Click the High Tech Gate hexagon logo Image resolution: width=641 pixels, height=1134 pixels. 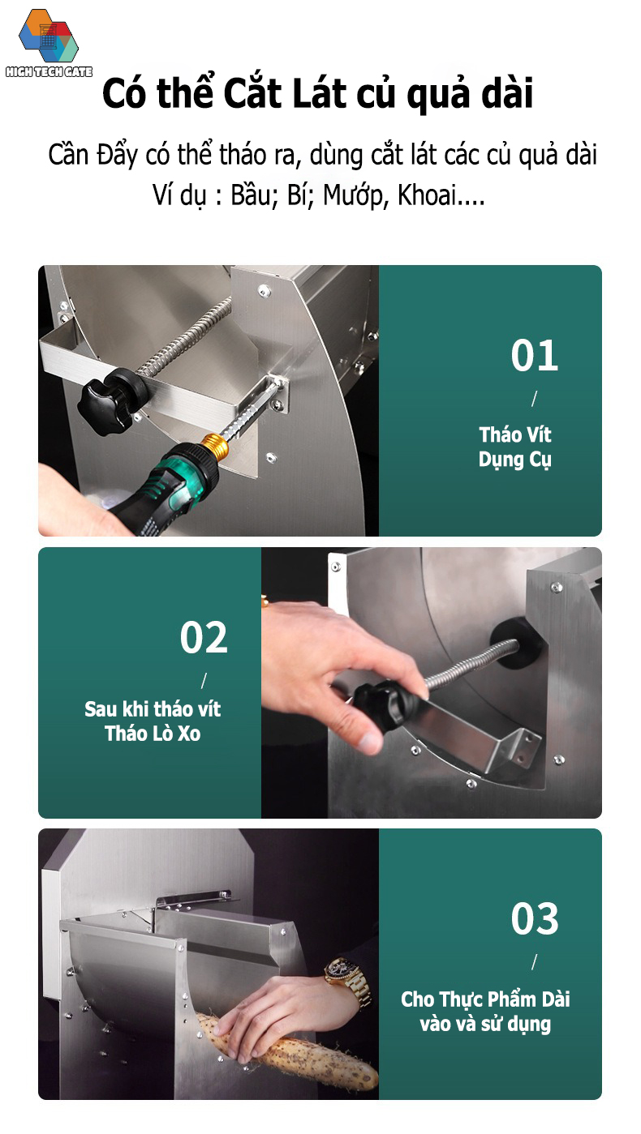(49, 37)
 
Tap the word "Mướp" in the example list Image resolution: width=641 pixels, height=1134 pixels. (353, 195)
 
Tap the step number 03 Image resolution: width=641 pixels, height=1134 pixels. (534, 918)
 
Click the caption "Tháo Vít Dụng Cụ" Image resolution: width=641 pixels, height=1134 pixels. (515, 447)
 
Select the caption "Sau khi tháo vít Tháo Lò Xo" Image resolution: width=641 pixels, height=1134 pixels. (153, 721)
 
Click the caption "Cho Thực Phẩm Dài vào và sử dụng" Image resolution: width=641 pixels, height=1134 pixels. (485, 1011)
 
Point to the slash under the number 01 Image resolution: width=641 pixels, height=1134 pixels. (534, 399)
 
